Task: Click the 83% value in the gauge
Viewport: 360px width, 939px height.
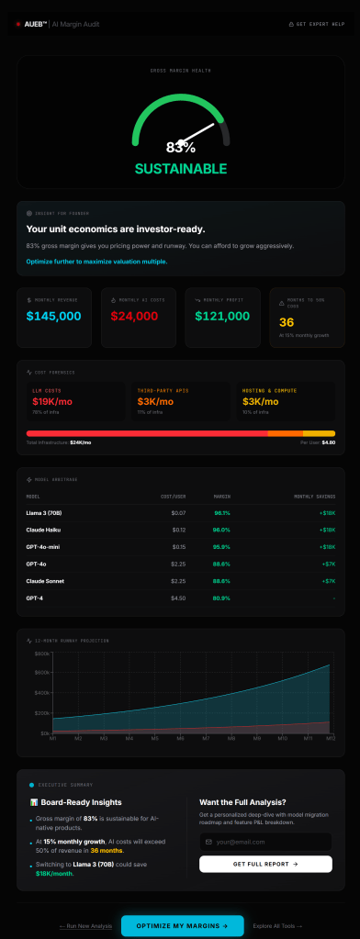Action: [180, 147]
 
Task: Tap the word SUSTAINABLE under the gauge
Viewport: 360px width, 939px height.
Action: [180, 169]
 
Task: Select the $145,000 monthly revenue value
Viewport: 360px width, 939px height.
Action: [53, 316]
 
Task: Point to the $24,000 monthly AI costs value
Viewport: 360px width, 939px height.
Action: [135, 316]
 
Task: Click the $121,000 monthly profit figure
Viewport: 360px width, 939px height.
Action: [221, 316]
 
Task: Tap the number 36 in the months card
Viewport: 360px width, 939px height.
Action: [287, 322]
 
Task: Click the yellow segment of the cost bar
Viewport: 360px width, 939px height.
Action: [319, 433]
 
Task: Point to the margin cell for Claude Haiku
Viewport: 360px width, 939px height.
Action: [221, 530]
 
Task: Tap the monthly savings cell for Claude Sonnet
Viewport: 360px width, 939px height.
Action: [328, 581]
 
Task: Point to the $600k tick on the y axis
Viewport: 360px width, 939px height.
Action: [42, 654]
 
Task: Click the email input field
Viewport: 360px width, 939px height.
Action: [264, 842]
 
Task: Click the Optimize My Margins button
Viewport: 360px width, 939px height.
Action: [182, 925]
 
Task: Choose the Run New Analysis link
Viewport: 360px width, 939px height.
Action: [85, 925]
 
